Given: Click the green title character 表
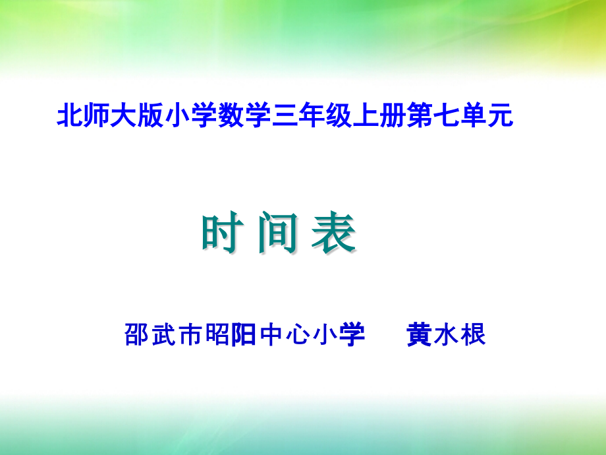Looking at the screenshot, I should pyautogui.click(x=333, y=234).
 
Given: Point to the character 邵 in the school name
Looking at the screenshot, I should pyautogui.click(x=135, y=335).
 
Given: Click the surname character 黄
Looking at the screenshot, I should pyautogui.click(x=419, y=335).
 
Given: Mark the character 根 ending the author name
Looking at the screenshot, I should pyautogui.click(x=474, y=335).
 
